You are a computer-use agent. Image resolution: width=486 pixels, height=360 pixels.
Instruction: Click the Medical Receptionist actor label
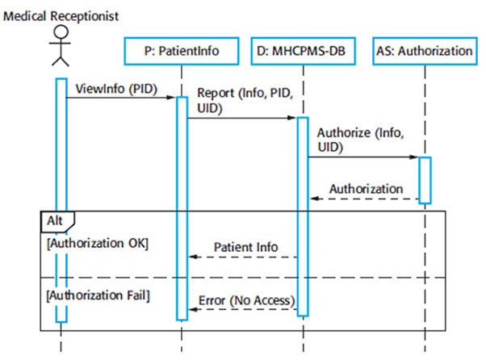point(61,16)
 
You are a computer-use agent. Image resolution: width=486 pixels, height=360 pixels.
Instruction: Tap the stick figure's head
point(61,31)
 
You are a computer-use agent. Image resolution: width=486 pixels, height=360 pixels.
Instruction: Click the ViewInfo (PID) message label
point(116,89)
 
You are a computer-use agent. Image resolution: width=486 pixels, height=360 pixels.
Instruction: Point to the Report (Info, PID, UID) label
point(245,100)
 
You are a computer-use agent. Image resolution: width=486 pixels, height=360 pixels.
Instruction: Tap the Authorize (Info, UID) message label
point(361,140)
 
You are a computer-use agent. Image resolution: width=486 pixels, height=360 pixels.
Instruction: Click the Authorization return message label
point(366,189)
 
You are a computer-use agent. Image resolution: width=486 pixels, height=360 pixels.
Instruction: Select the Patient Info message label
point(245,247)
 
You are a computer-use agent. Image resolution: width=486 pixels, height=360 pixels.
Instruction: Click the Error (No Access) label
point(247,300)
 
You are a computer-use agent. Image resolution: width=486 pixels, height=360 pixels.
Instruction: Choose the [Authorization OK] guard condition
point(98,243)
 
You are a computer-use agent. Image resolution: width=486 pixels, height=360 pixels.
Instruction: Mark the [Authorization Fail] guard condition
point(98,295)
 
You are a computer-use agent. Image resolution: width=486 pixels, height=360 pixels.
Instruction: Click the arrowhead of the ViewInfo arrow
point(171,98)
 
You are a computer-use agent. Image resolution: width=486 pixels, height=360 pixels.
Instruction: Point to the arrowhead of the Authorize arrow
point(414,157)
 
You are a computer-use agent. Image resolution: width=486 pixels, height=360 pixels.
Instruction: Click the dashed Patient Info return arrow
point(243,257)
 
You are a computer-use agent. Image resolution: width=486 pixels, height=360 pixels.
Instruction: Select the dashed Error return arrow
point(243,309)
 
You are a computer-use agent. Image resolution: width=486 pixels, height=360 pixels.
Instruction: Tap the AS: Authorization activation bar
point(425,181)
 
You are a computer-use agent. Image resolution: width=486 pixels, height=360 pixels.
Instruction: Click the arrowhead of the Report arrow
point(292,118)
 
